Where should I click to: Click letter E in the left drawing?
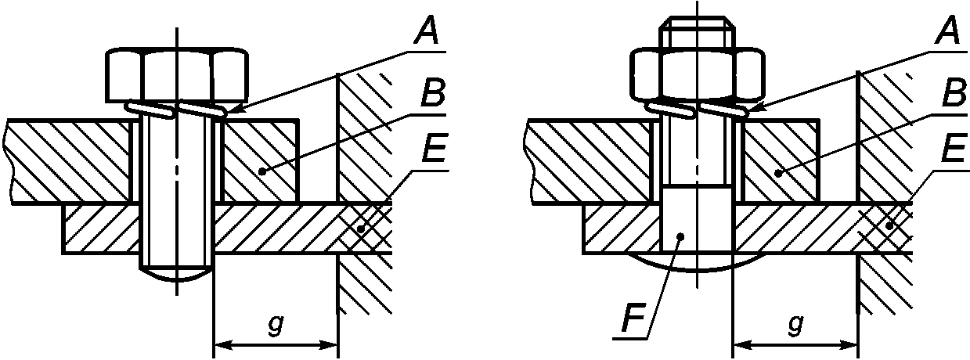[x=435, y=148]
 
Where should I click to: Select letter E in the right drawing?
[x=956, y=148]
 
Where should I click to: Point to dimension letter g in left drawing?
[x=276, y=325]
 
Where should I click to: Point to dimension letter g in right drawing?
[x=795, y=325]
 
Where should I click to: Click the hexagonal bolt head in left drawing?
[x=177, y=74]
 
